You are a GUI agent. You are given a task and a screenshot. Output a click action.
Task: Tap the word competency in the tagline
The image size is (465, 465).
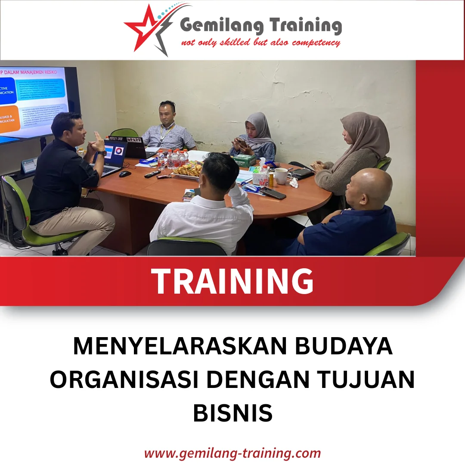pos(316,43)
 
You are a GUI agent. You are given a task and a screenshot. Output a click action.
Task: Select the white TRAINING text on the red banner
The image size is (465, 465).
pos(232,281)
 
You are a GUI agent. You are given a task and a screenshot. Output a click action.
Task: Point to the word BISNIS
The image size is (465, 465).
pos(232,412)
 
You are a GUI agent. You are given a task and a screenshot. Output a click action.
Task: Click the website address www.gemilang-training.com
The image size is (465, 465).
pos(232,453)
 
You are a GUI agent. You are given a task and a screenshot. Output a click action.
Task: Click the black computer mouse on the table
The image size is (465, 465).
pos(125,174)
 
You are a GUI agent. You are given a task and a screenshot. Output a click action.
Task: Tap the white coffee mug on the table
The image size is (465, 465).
pos(281,176)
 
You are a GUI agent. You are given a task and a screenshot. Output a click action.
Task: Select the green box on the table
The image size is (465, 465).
pos(245,161)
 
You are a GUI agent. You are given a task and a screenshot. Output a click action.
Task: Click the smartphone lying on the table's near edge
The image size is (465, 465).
pos(273,193)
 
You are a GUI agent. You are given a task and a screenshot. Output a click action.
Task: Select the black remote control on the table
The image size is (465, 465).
pos(152,174)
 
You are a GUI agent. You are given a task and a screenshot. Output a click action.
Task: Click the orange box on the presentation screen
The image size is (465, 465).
pos(9,119)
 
